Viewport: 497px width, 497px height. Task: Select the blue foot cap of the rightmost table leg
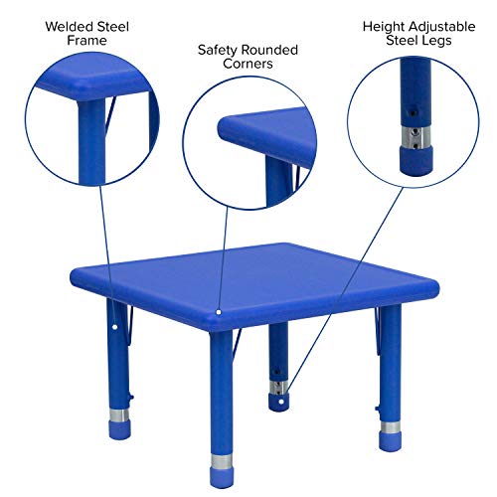click(392, 435)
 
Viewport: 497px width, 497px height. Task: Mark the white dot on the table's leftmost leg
click(115, 325)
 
